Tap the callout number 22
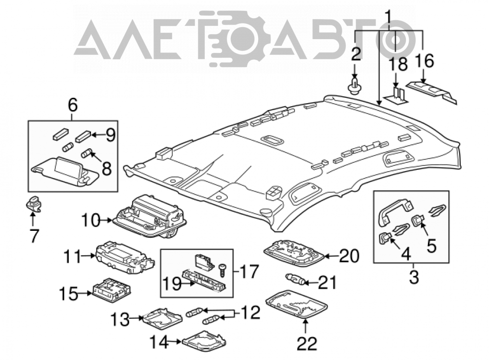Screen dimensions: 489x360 point(307,343)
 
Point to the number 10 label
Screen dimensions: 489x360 point(90,221)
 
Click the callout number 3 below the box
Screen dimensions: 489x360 point(414,277)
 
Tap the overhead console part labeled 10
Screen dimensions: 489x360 point(149,216)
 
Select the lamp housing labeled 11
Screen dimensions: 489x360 point(125,257)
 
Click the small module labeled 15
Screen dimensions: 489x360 point(111,292)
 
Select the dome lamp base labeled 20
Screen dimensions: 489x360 point(293,253)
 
